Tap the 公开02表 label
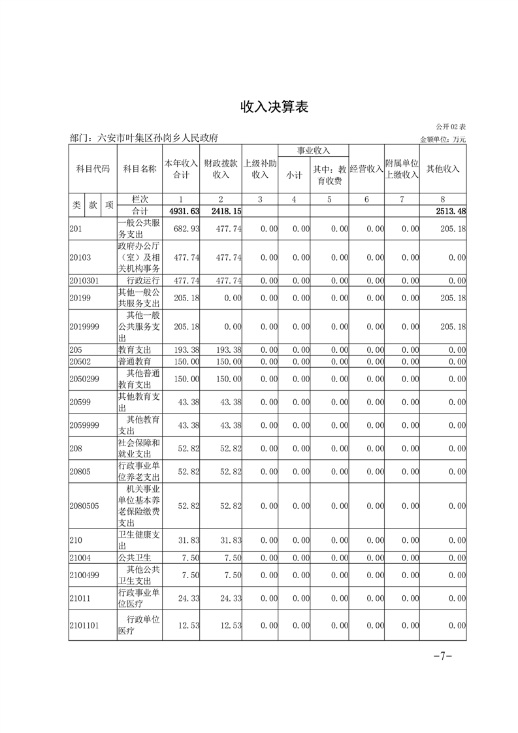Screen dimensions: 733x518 click(451, 127)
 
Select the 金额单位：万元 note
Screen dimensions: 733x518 click(443, 139)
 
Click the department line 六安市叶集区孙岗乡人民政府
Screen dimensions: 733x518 click(143, 138)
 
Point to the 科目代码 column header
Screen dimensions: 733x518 click(93, 169)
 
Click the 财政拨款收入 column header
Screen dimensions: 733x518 click(221, 169)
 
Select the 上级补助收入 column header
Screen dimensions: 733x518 click(260, 169)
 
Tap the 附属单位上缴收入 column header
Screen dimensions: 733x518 click(401, 169)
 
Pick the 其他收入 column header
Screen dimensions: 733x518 click(443, 169)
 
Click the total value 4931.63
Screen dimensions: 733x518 click(184, 211)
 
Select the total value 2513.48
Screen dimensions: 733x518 click(450, 211)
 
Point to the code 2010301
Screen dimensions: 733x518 click(84, 280)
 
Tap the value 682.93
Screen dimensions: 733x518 click(187, 229)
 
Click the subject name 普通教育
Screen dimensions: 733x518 click(135, 361)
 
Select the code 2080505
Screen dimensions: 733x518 click(84, 506)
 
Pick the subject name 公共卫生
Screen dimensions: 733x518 click(135, 557)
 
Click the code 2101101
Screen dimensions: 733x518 click(84, 625)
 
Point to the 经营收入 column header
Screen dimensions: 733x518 click(366, 169)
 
